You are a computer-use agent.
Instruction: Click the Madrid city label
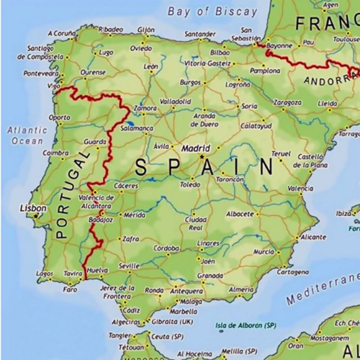(195, 148)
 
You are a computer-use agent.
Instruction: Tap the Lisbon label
(33, 208)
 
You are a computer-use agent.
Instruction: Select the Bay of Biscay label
(212, 11)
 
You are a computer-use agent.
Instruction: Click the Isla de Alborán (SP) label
(246, 325)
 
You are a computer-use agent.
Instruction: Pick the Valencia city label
(300, 189)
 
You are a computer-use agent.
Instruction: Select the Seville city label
(129, 266)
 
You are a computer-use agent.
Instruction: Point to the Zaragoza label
(288, 103)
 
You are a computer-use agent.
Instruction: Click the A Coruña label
(62, 33)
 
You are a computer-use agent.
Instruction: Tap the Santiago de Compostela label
(45, 52)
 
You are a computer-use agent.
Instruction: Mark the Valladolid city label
(176, 102)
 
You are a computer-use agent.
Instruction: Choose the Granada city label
(210, 275)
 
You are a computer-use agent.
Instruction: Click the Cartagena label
(292, 272)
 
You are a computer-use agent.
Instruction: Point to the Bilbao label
(220, 53)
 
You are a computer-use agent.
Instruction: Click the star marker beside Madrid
(202, 156)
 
